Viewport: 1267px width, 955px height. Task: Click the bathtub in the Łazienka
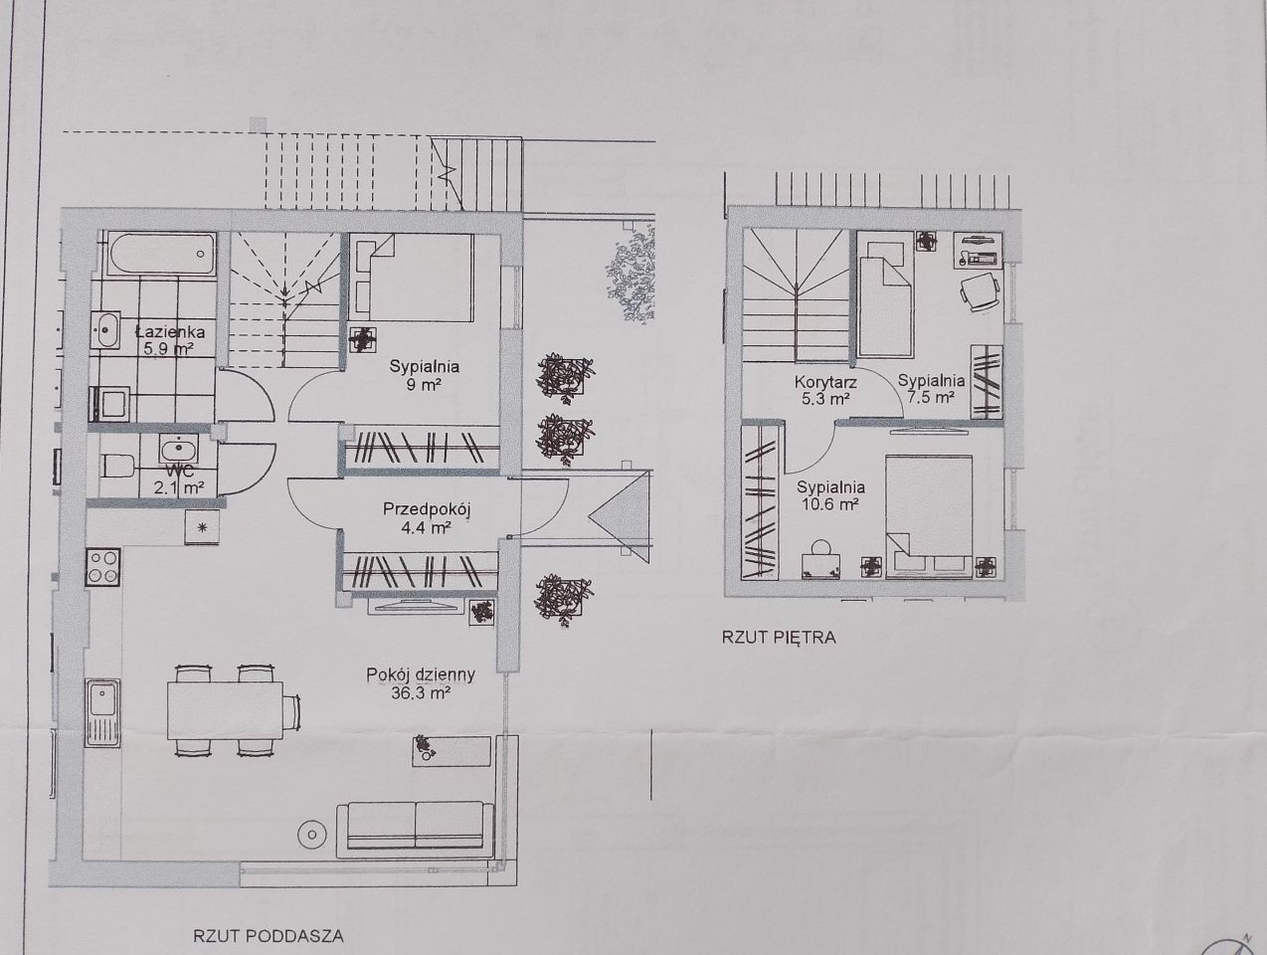[x=160, y=254]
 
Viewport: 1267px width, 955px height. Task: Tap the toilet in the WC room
[x=117, y=466]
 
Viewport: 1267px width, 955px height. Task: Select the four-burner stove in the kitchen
[x=102, y=566]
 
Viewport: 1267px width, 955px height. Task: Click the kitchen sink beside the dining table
[x=102, y=712]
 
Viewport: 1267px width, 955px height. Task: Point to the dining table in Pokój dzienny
[x=225, y=710]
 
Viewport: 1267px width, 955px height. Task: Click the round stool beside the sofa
[x=311, y=835]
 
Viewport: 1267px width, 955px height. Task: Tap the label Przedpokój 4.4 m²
[x=428, y=518]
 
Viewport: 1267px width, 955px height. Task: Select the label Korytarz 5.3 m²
[x=825, y=390]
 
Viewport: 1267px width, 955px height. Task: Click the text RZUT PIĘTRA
[x=779, y=638]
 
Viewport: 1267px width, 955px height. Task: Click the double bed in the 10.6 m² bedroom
[x=929, y=515]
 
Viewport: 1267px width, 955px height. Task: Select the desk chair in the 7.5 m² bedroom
[x=980, y=291]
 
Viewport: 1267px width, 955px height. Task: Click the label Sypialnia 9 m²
[x=425, y=375]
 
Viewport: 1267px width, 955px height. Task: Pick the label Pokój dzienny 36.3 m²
[x=421, y=683]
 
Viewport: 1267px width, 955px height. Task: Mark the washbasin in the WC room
[x=179, y=448]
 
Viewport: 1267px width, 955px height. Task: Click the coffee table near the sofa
[x=452, y=751]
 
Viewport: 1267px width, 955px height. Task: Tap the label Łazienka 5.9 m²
[x=170, y=339]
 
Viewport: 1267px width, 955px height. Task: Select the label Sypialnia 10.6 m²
[x=830, y=494]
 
